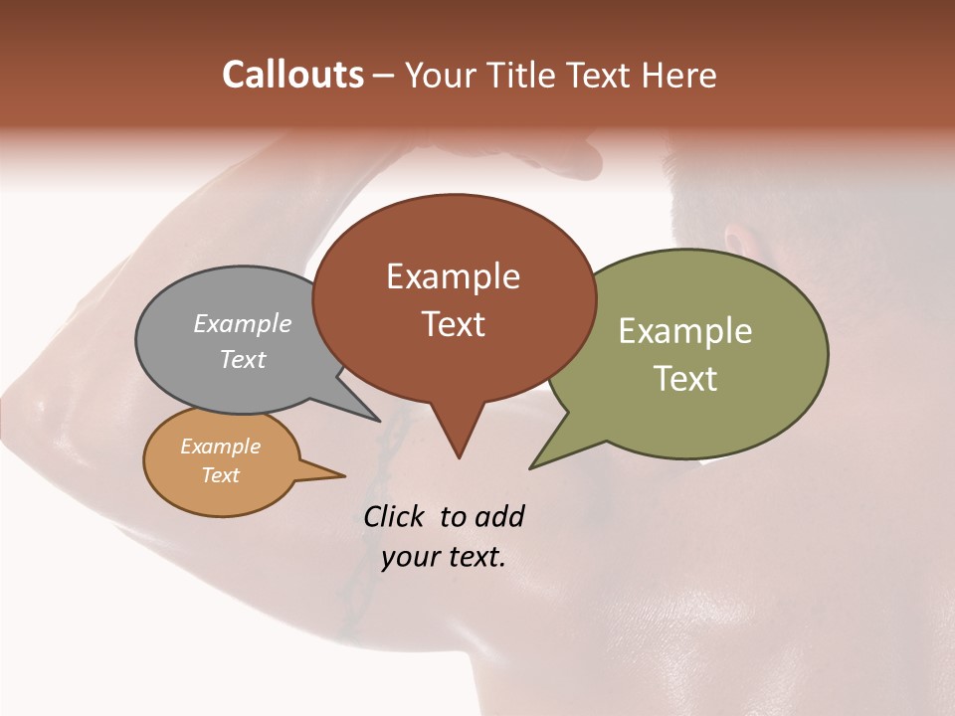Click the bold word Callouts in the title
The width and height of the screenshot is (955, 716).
pyautogui.click(x=292, y=75)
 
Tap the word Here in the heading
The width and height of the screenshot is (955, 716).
pyautogui.click(x=680, y=75)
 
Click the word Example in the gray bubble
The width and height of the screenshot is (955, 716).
pyautogui.click(x=243, y=323)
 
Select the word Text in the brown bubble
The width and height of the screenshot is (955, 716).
pyautogui.click(x=454, y=324)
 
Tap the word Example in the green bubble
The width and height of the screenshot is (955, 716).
pyautogui.click(x=685, y=331)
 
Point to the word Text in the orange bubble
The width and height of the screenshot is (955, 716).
pyautogui.click(x=221, y=475)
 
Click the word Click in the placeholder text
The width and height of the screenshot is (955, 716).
pyautogui.click(x=395, y=516)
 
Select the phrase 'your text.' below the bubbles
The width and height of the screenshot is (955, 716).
pyautogui.click(x=444, y=557)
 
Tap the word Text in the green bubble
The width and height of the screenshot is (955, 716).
pyautogui.click(x=685, y=379)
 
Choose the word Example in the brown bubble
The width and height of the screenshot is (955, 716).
pyautogui.click(x=454, y=276)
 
